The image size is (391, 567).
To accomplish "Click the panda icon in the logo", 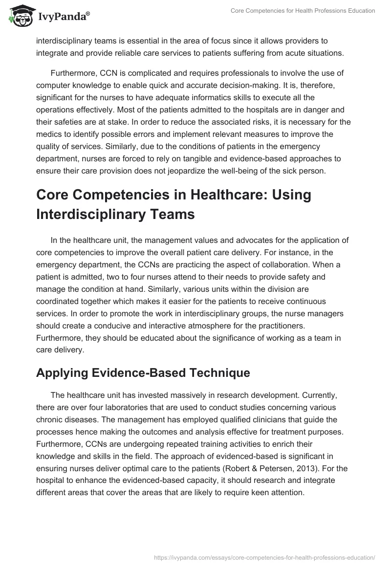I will [x=19, y=17].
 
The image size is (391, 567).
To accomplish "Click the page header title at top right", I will [x=303, y=11].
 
